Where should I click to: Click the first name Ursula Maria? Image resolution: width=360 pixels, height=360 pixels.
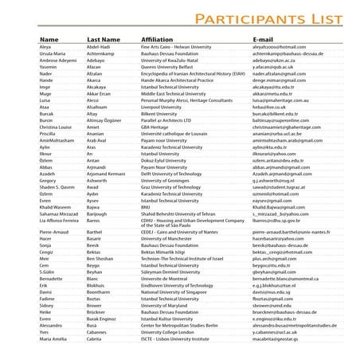tap(55, 53)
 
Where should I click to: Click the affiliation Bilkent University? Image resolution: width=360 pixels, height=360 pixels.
tap(158, 110)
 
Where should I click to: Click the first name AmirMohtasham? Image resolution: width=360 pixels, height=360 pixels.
tap(58, 139)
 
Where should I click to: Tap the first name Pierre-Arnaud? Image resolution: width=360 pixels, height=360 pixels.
tap(57, 232)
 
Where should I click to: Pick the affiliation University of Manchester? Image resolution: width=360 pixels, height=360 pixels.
tap(170, 239)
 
